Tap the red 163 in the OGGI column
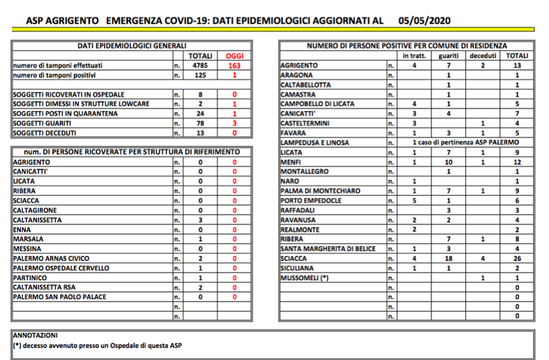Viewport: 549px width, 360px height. (234, 66)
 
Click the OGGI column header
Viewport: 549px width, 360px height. (234, 56)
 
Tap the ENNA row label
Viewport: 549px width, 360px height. (24, 230)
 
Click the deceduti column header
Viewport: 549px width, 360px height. (483, 56)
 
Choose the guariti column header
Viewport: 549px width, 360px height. (449, 56)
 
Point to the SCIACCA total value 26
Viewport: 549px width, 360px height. (517, 259)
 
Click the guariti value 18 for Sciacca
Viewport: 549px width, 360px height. (449, 259)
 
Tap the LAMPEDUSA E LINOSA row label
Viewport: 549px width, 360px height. (315, 142)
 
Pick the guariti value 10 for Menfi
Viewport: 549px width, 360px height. (449, 162)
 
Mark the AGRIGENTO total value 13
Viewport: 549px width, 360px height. (517, 66)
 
